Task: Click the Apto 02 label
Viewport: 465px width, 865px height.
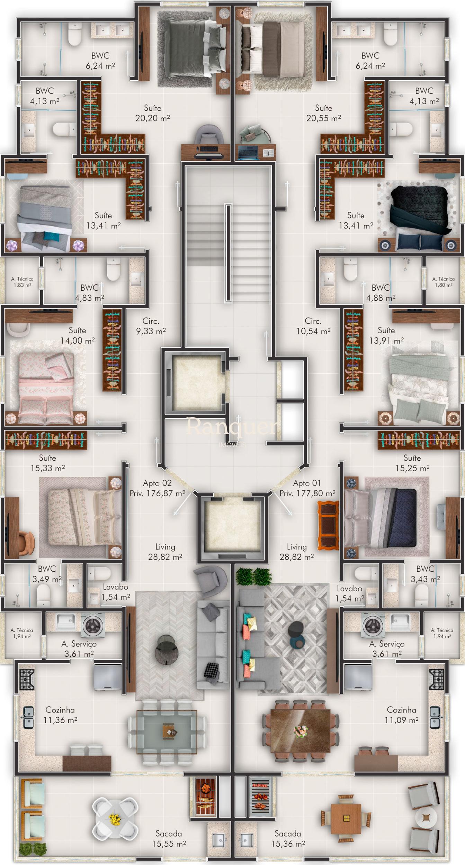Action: coord(157,483)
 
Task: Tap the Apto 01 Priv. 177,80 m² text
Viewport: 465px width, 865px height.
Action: coord(307,488)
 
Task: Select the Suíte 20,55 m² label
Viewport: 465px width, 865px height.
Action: coord(324,113)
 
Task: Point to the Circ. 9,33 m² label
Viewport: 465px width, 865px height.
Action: coord(151,326)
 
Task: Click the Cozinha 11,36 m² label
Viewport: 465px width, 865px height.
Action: coord(60,715)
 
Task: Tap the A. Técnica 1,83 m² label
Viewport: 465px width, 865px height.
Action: coord(22,282)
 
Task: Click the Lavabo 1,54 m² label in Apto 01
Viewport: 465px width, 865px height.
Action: coord(350,593)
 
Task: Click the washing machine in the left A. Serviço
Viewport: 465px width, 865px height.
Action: coord(93,625)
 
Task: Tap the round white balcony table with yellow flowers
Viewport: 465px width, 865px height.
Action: coord(115,819)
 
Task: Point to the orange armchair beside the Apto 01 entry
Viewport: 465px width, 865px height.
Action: coord(329,526)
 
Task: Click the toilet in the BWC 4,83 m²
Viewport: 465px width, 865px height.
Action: coord(113,269)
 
